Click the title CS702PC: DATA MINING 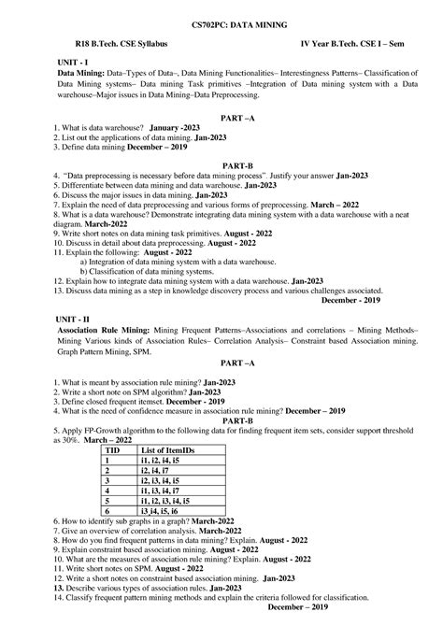pos(221,21)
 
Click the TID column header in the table pos(112,450)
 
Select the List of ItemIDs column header pos(169,450)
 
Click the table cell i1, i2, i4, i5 pos(163,461)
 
